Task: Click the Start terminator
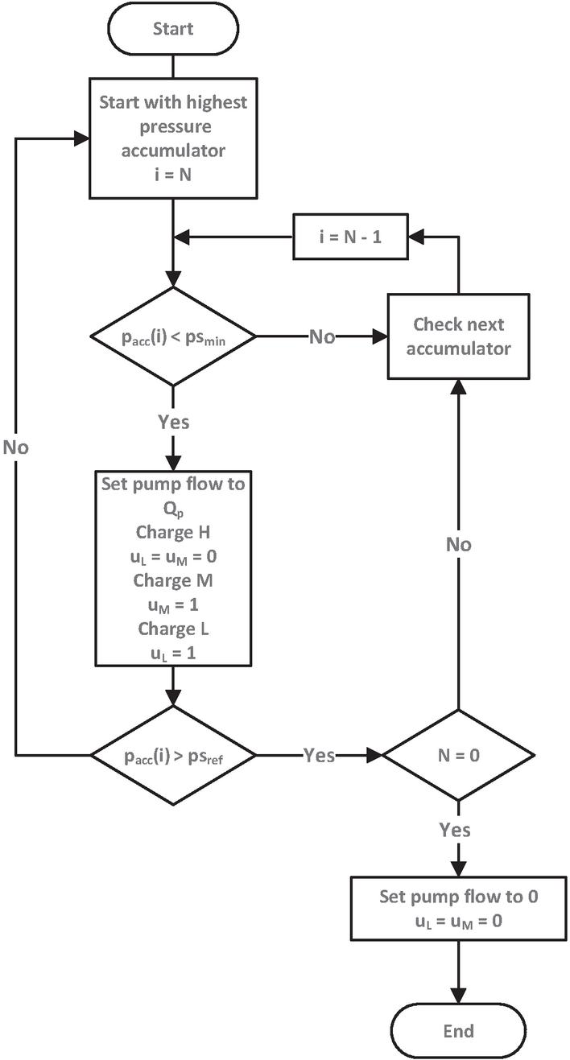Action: click(x=173, y=29)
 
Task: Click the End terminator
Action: click(x=457, y=1030)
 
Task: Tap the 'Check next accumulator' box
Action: click(x=458, y=336)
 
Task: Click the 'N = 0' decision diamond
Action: click(x=457, y=755)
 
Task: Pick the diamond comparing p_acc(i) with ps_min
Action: click(x=173, y=337)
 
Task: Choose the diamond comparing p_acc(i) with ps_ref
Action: click(x=173, y=755)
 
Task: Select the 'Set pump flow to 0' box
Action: click(x=457, y=909)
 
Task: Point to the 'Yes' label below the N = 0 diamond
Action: click(x=455, y=828)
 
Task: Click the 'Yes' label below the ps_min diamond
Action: click(x=173, y=422)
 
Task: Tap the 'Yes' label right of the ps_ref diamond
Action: click(x=319, y=755)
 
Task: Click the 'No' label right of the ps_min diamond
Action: click(x=321, y=337)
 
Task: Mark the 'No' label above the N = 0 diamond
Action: click(x=458, y=545)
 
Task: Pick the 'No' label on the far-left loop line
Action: click(x=15, y=447)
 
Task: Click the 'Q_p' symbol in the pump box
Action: click(x=173, y=507)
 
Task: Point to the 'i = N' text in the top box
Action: click(x=173, y=171)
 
